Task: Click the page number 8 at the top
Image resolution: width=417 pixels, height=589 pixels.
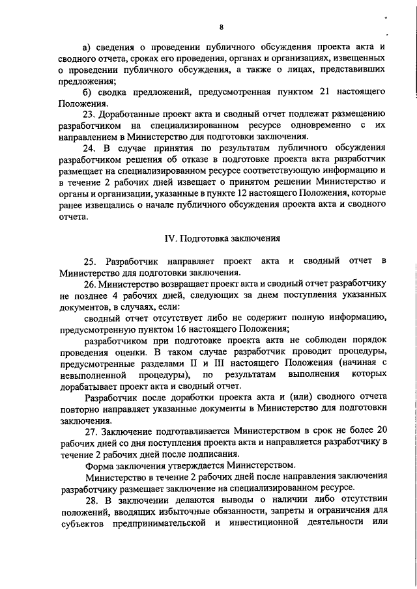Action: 221,27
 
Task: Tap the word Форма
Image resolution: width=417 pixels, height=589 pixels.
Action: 99,465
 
